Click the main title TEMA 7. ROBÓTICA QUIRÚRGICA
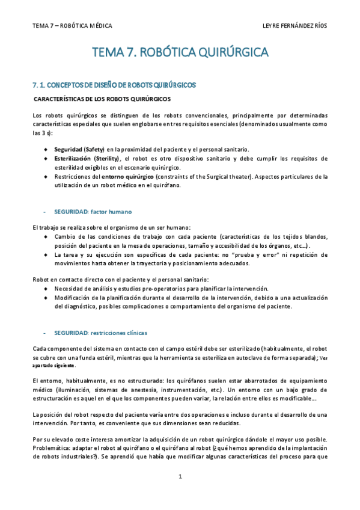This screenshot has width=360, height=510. click(x=180, y=54)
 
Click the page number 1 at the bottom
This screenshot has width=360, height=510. click(x=180, y=476)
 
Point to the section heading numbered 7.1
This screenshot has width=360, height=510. click(x=114, y=85)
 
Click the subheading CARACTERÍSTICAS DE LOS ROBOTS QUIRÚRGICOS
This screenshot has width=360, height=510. click(x=103, y=99)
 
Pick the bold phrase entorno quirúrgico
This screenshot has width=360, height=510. click(x=127, y=177)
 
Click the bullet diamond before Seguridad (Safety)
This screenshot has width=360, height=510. click(x=47, y=149)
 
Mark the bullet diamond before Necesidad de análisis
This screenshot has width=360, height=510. click(x=47, y=289)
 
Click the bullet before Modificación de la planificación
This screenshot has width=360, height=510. click(x=47, y=298)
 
